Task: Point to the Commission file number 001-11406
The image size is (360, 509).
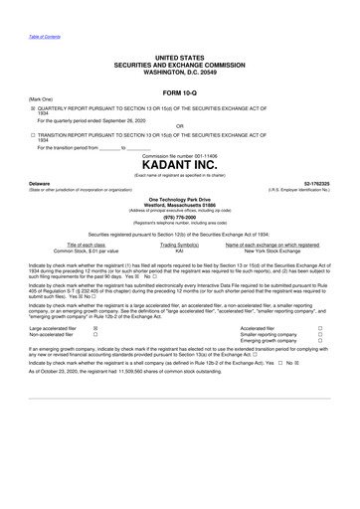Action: [180, 154]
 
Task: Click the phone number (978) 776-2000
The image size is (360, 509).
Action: [180, 216]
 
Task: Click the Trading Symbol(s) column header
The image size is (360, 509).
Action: [180, 245]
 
